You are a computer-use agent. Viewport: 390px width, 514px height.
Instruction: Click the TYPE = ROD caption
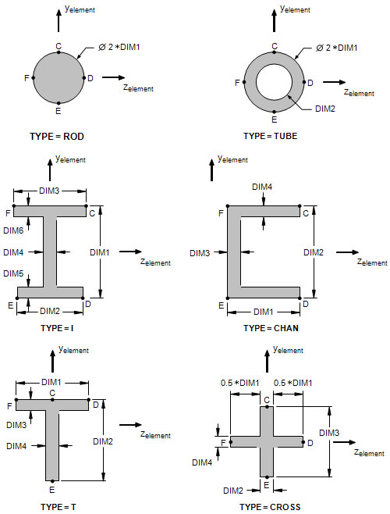(x=57, y=137)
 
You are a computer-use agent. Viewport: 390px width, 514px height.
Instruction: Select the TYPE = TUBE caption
(x=271, y=136)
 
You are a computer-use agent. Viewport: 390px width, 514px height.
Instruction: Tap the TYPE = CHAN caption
(x=271, y=328)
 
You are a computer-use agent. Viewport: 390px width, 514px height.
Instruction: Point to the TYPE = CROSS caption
(x=270, y=507)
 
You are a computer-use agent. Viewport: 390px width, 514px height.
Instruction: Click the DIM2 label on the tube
(x=324, y=109)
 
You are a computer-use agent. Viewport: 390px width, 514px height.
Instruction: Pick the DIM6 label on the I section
(x=13, y=230)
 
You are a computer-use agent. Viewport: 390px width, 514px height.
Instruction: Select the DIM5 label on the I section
(x=13, y=273)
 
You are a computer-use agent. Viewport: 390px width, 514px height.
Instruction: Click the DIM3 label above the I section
(x=49, y=191)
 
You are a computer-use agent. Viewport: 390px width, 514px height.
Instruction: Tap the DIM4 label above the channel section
(x=262, y=187)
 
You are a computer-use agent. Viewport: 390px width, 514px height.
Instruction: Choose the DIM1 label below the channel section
(x=264, y=312)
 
